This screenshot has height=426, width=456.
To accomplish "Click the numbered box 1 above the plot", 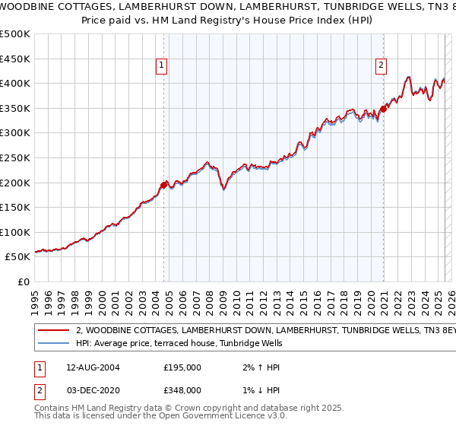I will (x=162, y=66).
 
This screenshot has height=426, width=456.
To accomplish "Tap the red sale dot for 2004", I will (x=164, y=184).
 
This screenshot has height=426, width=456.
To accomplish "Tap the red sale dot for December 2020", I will (x=384, y=109).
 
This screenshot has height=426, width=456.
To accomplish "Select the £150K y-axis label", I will (x=15, y=207).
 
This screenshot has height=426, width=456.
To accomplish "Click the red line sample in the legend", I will (x=53, y=331).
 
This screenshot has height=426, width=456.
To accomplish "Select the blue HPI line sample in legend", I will (x=53, y=344).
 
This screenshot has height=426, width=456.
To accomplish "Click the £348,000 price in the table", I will (x=182, y=389).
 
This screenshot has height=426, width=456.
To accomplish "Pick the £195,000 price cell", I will (x=182, y=367).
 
